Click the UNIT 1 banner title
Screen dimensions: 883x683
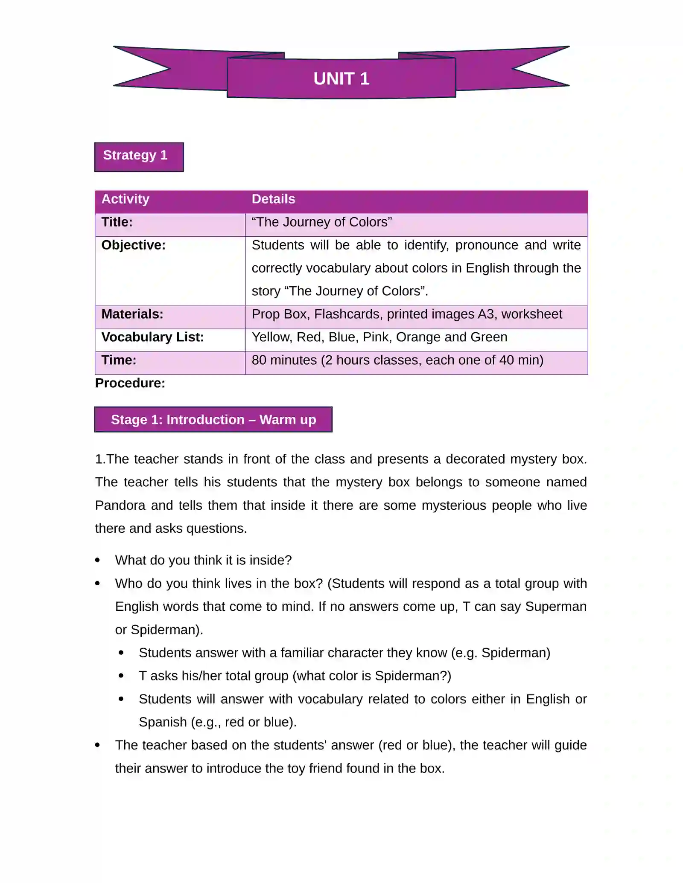click(341, 78)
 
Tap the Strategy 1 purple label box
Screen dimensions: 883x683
click(139, 157)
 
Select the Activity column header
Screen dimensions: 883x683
click(126, 199)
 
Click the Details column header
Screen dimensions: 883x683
click(273, 199)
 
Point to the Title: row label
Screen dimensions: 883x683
click(117, 222)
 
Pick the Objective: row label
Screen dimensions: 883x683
click(133, 245)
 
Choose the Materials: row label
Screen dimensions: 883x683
click(132, 314)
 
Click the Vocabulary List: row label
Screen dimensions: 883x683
click(152, 337)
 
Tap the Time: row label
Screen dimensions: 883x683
click(119, 360)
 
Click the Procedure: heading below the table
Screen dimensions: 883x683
click(130, 383)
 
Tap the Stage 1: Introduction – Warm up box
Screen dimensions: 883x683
click(213, 420)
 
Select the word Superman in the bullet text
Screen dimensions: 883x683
click(555, 607)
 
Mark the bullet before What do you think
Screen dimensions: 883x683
click(98, 561)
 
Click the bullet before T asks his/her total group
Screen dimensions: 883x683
click(121, 676)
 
